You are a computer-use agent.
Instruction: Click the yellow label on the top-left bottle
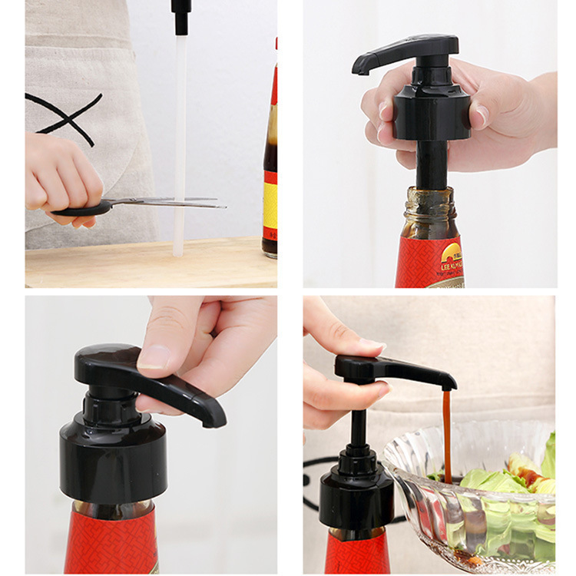(270, 204)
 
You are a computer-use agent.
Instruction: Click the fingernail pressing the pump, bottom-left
(155, 356)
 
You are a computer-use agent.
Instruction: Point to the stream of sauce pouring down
(447, 430)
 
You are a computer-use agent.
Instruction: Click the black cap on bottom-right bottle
(356, 499)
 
